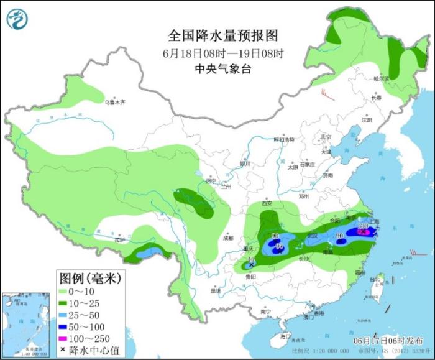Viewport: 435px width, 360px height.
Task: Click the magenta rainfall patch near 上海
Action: coord(364,232)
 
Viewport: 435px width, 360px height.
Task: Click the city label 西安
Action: coord(267,203)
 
